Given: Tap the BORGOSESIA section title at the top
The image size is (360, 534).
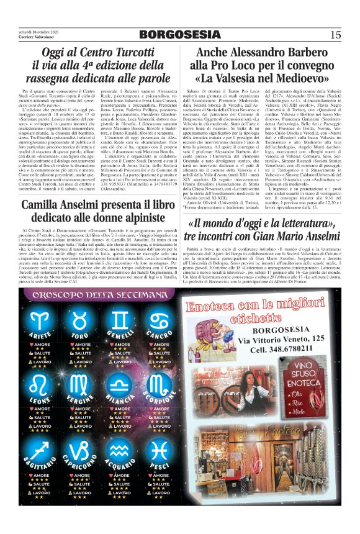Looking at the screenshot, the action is point(179,35).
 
